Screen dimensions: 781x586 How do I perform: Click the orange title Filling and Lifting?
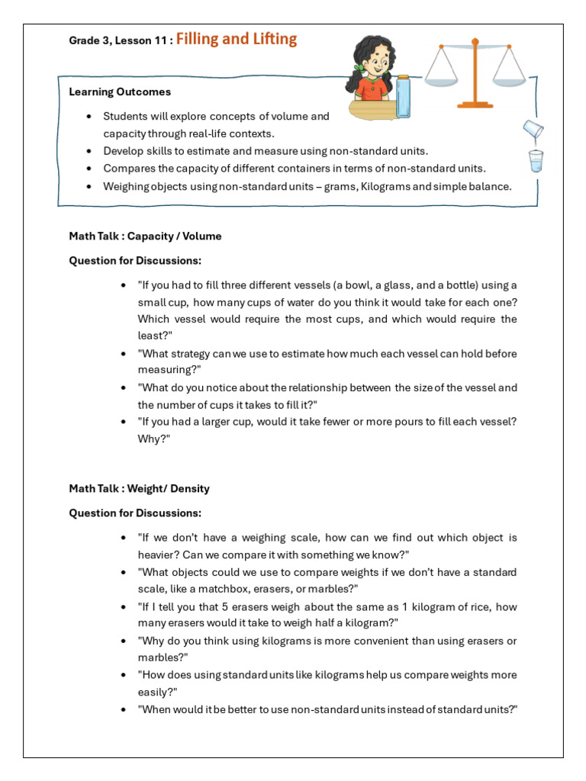coord(237,39)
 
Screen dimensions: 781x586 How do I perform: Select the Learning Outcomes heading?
coord(120,92)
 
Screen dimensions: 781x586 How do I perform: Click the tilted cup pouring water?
coord(532,130)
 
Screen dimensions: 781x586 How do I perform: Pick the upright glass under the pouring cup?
coord(536,161)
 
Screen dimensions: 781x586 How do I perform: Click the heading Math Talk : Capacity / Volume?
coord(145,236)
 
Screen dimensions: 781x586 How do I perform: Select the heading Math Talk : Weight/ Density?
coord(139,488)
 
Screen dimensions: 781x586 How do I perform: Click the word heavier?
coord(158,554)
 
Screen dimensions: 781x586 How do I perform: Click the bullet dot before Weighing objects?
coord(90,186)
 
